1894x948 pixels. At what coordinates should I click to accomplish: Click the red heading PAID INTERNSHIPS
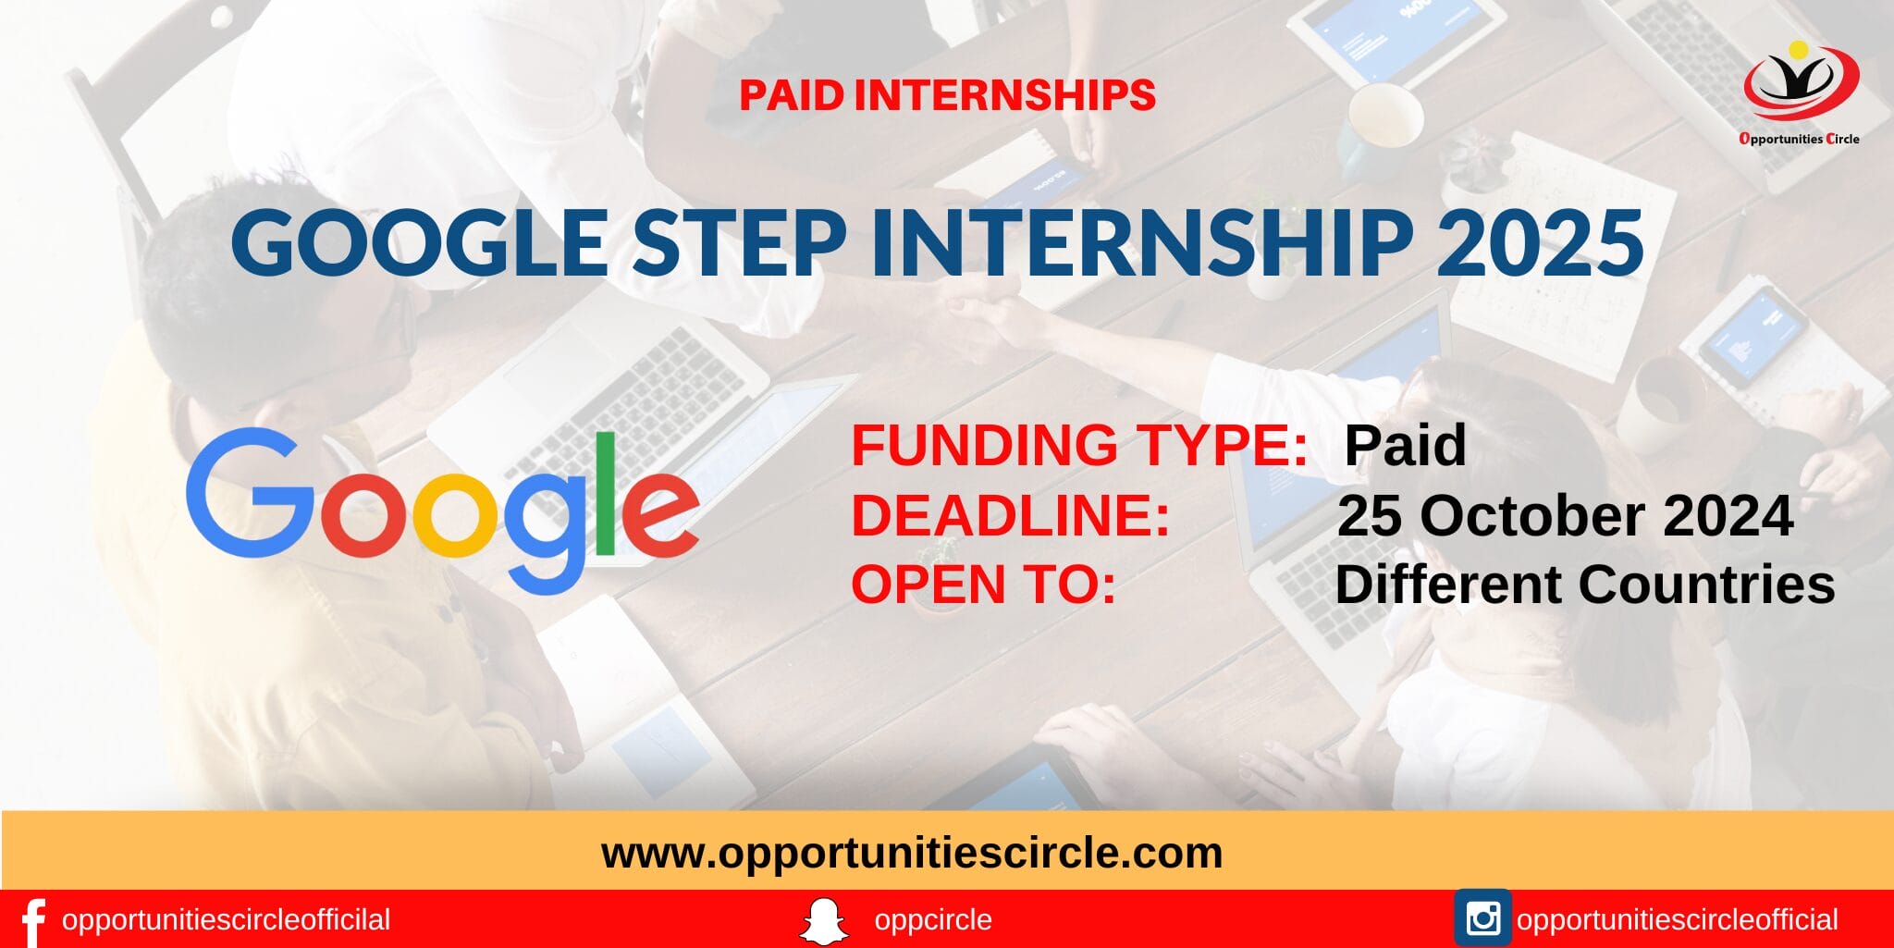point(947,95)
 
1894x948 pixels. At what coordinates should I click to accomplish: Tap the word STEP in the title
point(739,242)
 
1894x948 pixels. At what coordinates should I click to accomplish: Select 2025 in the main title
point(1540,242)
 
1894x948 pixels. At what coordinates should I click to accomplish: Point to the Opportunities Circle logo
point(1800,92)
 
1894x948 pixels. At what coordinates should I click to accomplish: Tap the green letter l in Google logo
point(605,495)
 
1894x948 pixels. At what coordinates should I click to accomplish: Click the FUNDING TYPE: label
point(1078,445)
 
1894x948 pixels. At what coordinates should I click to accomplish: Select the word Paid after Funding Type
point(1405,445)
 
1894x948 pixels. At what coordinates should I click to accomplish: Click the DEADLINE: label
point(1010,515)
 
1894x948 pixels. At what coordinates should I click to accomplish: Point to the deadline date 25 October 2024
point(1565,515)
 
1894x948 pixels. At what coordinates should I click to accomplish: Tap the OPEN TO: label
point(983,585)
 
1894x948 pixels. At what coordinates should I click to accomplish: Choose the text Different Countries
point(1584,585)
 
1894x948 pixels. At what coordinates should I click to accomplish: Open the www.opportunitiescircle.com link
point(912,852)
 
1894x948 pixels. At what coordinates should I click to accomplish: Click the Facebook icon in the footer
point(33,921)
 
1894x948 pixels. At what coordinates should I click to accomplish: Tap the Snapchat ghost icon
point(823,921)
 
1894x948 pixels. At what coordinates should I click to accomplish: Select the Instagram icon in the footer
point(1482,918)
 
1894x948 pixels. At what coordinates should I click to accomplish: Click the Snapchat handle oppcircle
point(932,920)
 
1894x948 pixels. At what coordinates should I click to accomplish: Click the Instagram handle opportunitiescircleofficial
point(1677,920)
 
